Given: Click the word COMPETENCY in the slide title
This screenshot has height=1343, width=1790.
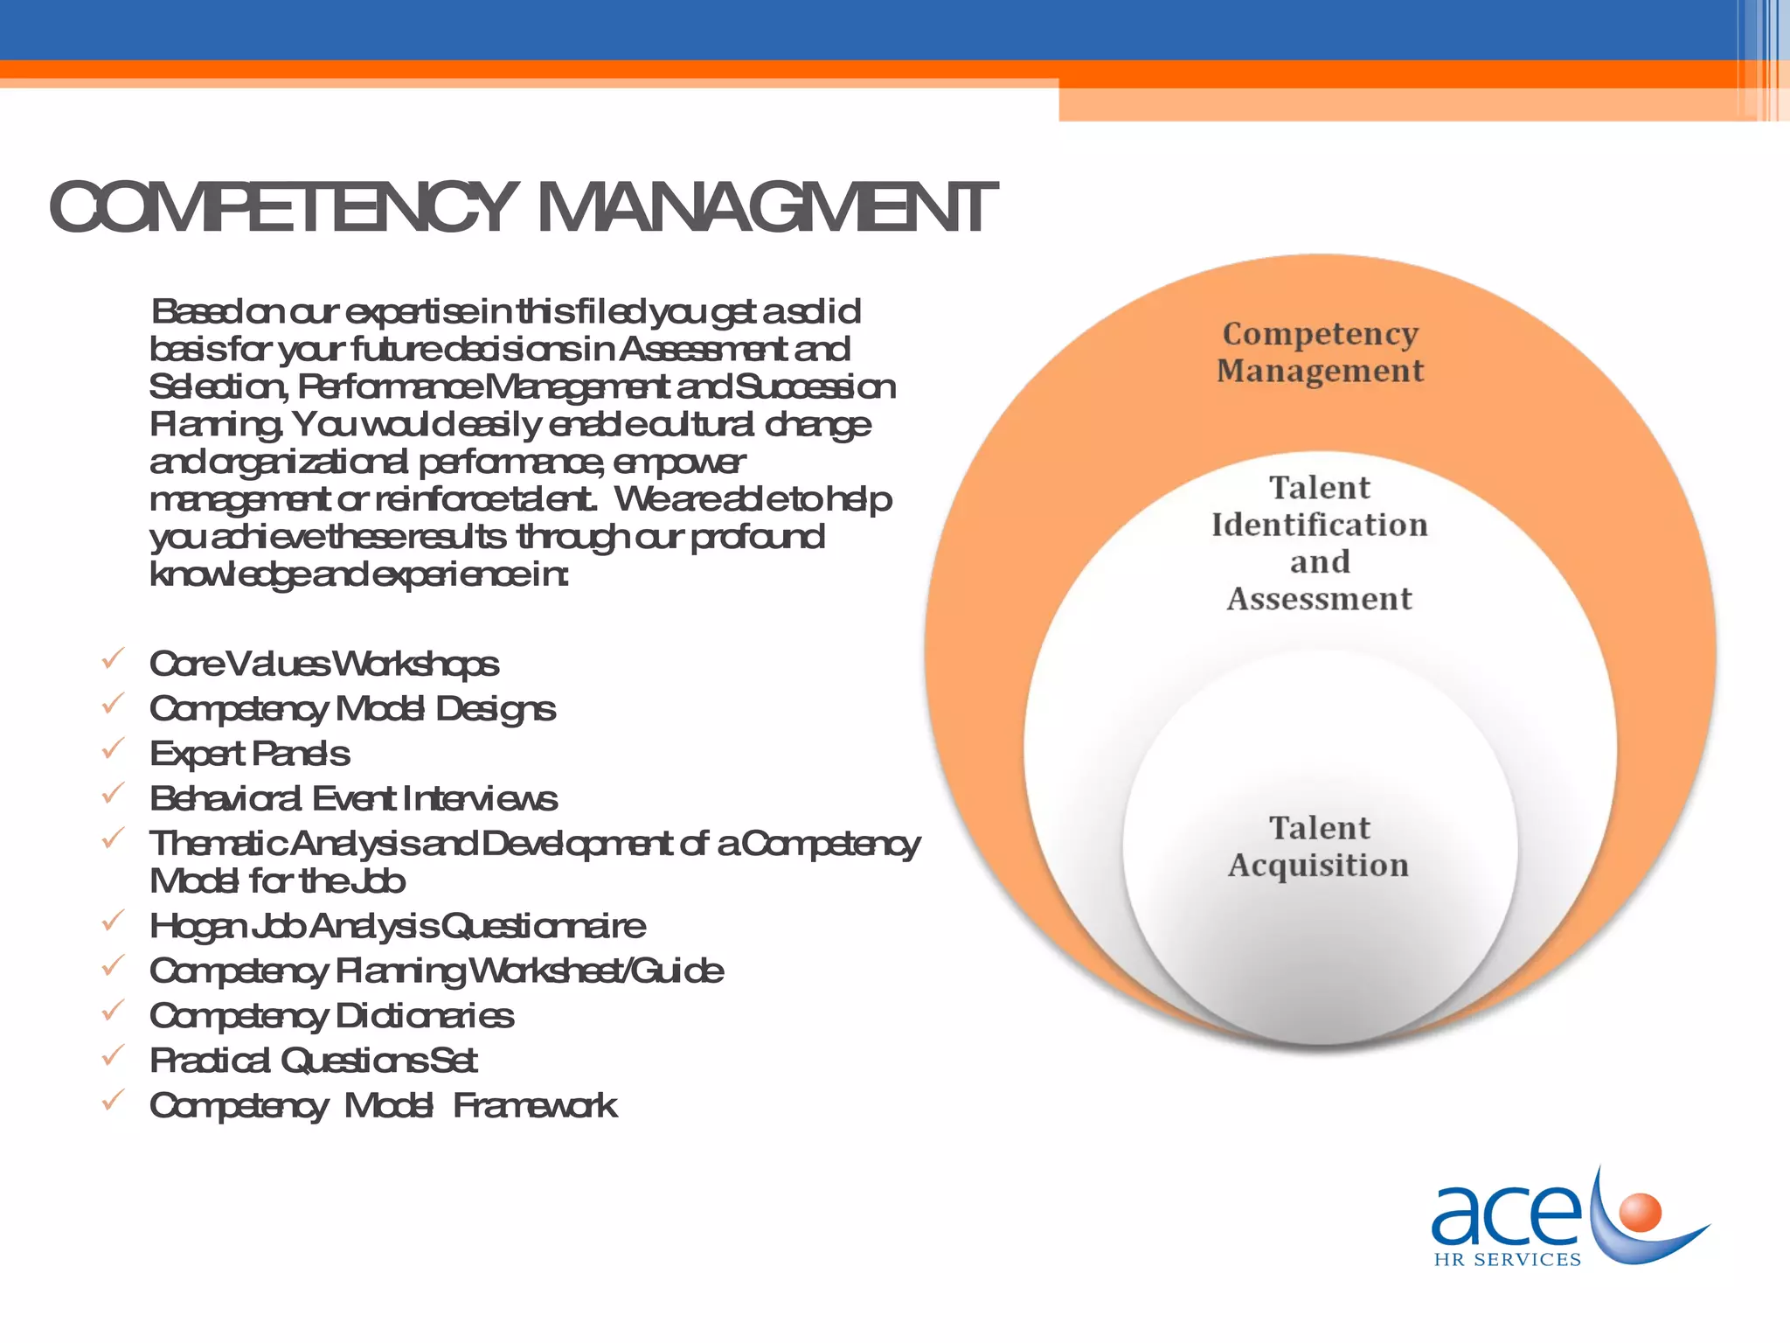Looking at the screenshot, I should click(x=281, y=208).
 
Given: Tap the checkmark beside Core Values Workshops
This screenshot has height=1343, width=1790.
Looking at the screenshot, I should click(x=113, y=659).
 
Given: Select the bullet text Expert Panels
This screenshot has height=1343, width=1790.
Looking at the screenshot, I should click(x=249, y=754).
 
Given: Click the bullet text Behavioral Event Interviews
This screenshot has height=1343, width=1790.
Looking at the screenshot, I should click(x=352, y=798).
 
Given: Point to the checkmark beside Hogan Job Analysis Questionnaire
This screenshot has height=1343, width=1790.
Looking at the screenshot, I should click(x=113, y=921).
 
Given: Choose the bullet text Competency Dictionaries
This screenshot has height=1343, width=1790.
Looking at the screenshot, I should click(x=331, y=1016).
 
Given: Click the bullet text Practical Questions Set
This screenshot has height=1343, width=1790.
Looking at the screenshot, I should click(x=313, y=1061).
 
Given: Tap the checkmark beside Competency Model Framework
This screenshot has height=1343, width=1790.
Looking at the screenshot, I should click(x=113, y=1101).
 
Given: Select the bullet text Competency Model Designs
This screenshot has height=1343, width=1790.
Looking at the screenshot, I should click(x=352, y=708).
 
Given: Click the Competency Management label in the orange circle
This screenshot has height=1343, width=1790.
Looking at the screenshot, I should click(x=1320, y=351).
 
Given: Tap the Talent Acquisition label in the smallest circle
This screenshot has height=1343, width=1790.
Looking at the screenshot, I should click(x=1319, y=845).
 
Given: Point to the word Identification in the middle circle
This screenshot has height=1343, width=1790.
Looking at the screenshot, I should click(x=1320, y=525).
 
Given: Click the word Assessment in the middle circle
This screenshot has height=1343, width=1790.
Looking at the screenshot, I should click(x=1320, y=599).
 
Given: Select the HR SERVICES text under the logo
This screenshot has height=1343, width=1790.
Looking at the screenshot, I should click(x=1508, y=1260).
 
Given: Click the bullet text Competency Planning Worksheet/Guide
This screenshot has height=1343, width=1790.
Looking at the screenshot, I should click(x=436, y=971).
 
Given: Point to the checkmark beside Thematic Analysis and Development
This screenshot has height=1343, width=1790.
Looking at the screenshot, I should click(x=113, y=839).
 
